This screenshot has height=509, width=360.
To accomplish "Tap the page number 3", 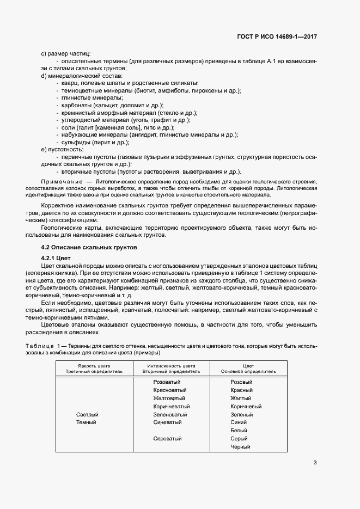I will click(x=315, y=463).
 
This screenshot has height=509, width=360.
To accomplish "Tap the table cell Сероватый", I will click(x=167, y=439).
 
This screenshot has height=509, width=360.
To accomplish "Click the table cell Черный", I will click(x=240, y=447).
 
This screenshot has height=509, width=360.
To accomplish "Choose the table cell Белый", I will click(x=239, y=431).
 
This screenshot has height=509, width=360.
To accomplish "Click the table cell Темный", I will click(x=86, y=422).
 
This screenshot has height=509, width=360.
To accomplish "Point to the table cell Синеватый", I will click(x=168, y=422).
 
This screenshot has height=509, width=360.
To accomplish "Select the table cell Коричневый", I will click(x=246, y=406).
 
